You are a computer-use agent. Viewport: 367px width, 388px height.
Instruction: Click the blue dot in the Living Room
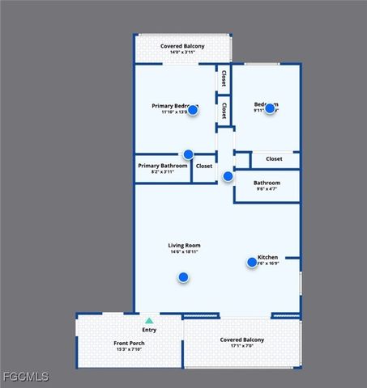(x=183, y=277)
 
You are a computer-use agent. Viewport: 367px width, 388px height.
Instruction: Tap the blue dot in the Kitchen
(x=252, y=262)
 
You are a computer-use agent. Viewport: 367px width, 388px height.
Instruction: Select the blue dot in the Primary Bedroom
(x=193, y=109)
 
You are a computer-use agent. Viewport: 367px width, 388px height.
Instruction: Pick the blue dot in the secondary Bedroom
(x=270, y=108)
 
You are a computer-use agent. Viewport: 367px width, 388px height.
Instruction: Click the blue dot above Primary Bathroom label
(x=188, y=154)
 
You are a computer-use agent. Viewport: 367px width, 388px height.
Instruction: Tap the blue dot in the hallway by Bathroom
(x=228, y=176)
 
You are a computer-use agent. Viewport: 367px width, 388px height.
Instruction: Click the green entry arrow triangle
(x=149, y=321)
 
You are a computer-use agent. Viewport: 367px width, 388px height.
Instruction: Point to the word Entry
(x=149, y=330)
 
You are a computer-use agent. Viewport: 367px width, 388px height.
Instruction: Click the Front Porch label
(x=129, y=344)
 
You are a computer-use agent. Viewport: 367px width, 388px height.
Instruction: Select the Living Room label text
(x=184, y=245)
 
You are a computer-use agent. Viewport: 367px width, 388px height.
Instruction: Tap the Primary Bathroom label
(x=163, y=166)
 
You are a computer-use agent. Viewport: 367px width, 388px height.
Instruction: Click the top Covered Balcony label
(x=182, y=46)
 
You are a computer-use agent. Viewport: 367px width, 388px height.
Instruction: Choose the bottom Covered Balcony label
(x=242, y=339)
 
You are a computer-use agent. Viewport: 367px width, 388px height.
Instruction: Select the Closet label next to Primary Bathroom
(x=204, y=166)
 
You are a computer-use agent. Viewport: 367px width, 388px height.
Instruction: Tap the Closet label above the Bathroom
(x=274, y=158)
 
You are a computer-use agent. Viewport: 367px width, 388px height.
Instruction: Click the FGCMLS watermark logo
(x=25, y=377)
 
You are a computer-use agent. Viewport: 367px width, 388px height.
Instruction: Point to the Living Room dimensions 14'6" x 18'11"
(x=184, y=252)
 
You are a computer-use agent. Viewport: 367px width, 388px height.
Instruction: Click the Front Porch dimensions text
(x=129, y=350)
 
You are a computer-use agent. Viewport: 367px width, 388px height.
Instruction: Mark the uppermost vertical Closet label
(x=223, y=79)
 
